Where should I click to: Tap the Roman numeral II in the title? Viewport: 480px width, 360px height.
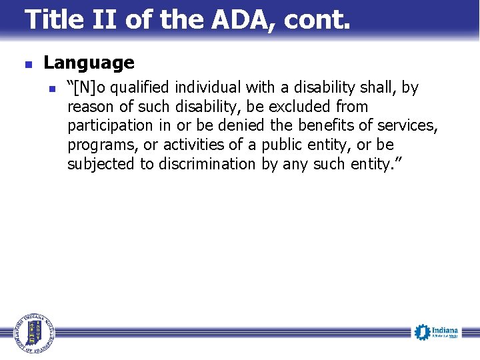point(107,20)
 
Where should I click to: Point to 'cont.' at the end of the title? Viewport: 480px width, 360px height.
point(317,20)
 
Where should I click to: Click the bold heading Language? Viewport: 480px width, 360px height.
point(89,63)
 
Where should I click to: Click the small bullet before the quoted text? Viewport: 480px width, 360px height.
point(53,89)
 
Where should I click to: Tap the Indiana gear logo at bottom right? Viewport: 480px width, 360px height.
point(437,332)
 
